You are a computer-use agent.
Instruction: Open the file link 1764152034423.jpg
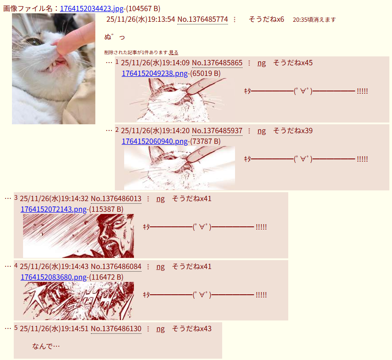point(92,8)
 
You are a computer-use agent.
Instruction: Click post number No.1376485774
point(203,19)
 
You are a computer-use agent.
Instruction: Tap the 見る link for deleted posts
point(173,52)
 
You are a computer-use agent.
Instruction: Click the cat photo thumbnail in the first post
point(54,69)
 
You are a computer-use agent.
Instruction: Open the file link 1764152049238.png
point(154,73)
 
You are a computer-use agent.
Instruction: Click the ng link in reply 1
point(262,63)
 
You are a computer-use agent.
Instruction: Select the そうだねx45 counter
point(293,63)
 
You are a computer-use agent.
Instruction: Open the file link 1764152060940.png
point(154,141)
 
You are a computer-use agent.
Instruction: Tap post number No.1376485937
point(217,131)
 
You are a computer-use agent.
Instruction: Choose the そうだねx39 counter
point(293,131)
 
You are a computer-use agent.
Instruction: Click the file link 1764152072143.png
point(54,209)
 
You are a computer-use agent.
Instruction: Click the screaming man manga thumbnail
point(78,236)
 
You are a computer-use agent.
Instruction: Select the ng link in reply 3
point(161,198)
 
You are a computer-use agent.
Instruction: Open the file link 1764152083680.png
point(54,277)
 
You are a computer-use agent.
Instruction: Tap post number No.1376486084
point(116,266)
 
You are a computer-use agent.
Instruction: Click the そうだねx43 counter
point(192,328)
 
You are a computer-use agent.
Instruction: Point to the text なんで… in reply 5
point(46,346)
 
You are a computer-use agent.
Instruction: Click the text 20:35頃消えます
point(314,20)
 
